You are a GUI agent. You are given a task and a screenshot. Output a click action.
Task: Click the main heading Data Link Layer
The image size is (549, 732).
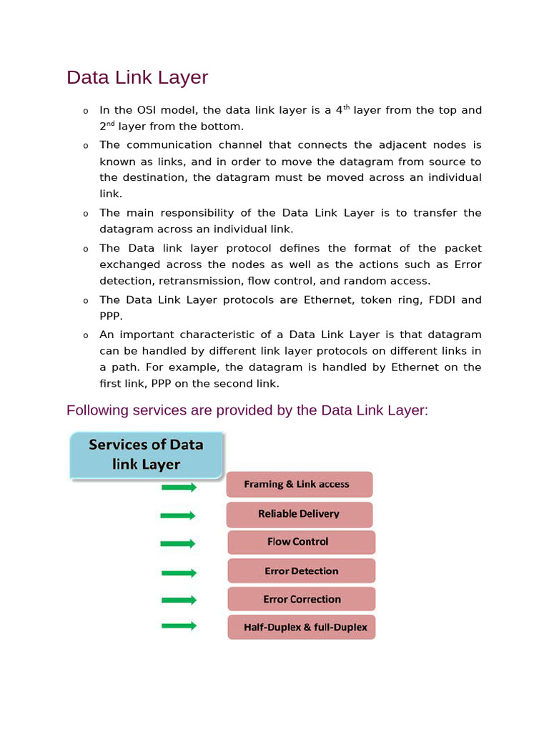(x=137, y=77)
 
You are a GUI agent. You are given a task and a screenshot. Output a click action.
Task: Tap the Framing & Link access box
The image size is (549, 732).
(x=299, y=484)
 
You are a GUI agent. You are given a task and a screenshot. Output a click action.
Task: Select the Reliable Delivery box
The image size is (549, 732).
(x=299, y=514)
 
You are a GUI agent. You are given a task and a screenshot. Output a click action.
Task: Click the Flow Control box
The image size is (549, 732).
(x=300, y=542)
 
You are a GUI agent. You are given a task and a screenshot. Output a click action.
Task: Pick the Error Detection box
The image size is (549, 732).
(x=301, y=571)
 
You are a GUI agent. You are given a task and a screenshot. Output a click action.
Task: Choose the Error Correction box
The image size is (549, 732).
(x=301, y=599)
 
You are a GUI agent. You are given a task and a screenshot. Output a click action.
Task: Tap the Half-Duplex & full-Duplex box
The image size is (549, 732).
(x=301, y=627)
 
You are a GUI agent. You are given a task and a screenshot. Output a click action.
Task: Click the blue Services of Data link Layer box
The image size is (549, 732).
(x=147, y=455)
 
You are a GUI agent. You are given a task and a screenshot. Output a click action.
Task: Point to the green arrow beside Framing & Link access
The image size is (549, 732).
(x=179, y=488)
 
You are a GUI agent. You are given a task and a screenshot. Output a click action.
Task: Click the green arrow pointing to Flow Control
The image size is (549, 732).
(x=178, y=544)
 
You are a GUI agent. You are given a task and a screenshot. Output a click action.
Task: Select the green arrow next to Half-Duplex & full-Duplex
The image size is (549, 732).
(x=179, y=626)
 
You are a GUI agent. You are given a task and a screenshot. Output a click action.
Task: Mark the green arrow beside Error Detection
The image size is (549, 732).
(x=179, y=573)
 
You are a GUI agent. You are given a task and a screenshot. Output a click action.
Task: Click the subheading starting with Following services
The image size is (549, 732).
(x=247, y=410)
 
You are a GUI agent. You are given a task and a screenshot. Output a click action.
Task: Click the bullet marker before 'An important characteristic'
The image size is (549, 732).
(x=85, y=336)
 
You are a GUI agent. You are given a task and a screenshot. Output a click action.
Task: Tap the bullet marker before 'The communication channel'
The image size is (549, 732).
(x=85, y=146)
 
